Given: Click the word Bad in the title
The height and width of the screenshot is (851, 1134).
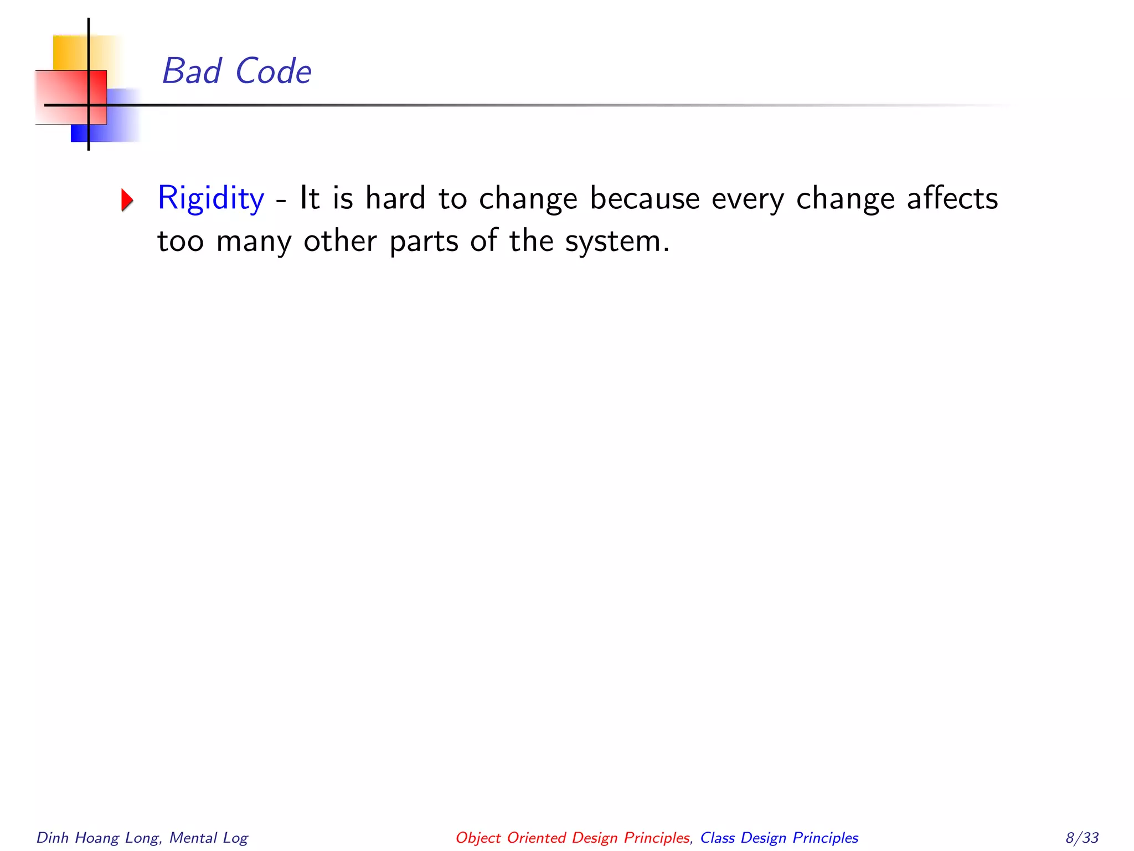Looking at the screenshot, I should point(192,71).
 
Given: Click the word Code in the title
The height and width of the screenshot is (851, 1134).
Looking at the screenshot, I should point(273,71).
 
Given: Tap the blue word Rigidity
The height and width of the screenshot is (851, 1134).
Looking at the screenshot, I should point(211,198).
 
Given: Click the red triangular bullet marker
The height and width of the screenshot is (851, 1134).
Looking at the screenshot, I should point(127,200).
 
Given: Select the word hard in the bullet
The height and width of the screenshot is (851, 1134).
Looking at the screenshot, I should point(395,198).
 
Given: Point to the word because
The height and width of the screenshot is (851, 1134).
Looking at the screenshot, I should point(645,198).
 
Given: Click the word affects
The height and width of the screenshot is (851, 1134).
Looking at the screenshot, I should point(952,198).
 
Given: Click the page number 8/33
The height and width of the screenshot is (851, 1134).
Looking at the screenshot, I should point(1082,838).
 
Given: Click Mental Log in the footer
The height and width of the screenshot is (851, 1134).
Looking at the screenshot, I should point(209,838).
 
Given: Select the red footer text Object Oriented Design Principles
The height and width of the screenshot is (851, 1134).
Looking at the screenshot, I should point(573,838).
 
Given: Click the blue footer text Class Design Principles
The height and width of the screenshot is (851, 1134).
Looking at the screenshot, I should point(779,838).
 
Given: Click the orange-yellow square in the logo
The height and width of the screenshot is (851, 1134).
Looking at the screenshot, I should point(70,52).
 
